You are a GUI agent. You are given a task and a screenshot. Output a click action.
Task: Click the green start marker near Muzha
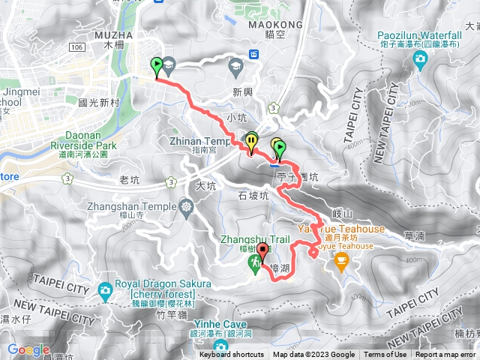[x=157, y=66]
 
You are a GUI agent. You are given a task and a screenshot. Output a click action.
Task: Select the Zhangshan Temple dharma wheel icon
[x=185, y=206]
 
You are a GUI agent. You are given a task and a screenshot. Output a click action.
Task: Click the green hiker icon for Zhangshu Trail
[x=255, y=262]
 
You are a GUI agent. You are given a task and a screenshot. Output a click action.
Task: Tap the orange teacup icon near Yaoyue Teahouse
[x=342, y=262]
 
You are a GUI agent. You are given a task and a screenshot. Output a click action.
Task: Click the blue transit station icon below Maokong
[x=253, y=53]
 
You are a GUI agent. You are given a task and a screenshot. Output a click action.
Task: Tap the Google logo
[x=28, y=349]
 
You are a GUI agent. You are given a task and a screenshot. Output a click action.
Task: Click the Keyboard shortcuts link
[x=231, y=355]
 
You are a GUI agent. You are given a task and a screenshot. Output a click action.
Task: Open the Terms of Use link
[x=385, y=355]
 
